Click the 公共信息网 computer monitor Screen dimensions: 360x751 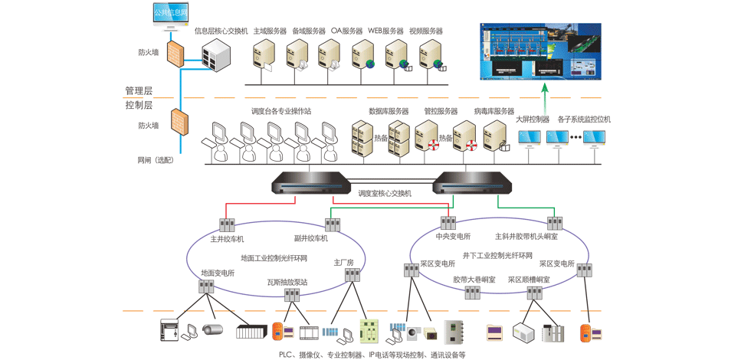pos(170,15)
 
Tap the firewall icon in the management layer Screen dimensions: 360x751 pos(176,52)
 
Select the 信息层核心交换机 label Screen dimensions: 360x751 pos(221,31)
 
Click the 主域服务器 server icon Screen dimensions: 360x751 pos(264,54)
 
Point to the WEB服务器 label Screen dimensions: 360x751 pos(385,31)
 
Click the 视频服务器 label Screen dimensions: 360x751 pos(426,31)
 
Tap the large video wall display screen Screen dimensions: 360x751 pos(541,51)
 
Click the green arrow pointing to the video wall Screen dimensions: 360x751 pos(545,95)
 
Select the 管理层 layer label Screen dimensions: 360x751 pos(139,91)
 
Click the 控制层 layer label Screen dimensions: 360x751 pos(139,105)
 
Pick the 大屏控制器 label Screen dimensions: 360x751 pos(532,119)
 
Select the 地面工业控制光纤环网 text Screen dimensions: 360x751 pos(274,258)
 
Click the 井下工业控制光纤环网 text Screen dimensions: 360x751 pos(497,256)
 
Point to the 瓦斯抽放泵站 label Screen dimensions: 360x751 pos(287,283)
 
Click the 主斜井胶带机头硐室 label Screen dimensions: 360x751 pos(526,237)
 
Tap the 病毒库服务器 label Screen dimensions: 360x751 pos(494,111)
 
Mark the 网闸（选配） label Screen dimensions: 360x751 pos(156,160)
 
